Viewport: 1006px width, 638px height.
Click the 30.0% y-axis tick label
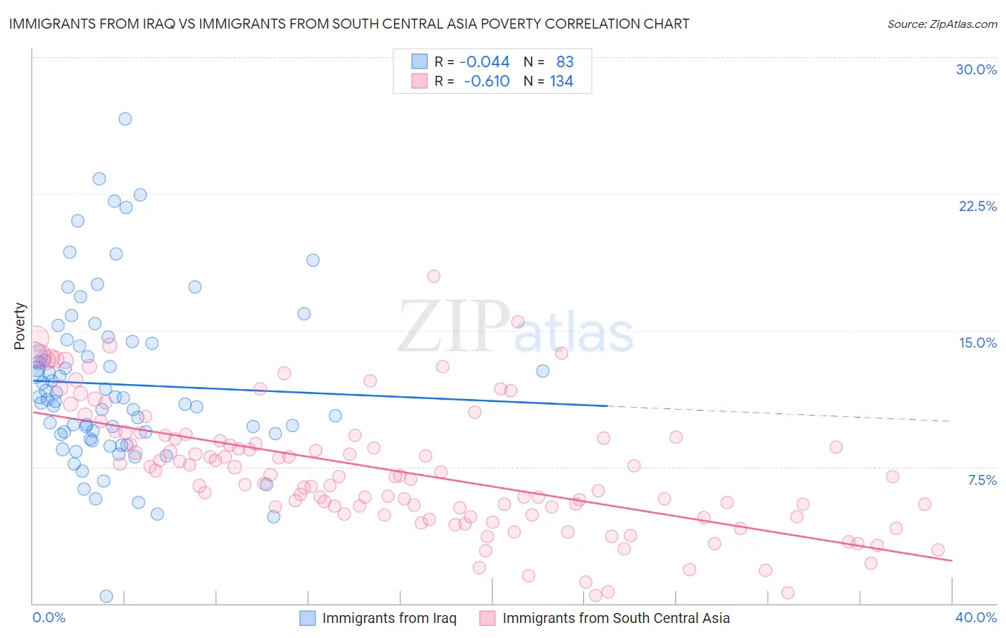(x=976, y=69)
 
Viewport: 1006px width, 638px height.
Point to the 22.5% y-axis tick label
(x=977, y=206)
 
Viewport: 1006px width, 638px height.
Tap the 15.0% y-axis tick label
(x=977, y=343)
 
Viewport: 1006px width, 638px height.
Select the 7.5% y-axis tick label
(x=982, y=480)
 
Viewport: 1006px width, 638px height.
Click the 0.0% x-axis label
(x=49, y=617)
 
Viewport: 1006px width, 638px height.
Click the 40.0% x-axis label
(x=975, y=617)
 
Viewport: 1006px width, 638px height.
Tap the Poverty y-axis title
(x=19, y=326)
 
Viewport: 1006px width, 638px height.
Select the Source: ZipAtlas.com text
(x=942, y=24)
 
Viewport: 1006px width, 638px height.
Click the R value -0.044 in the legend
(x=484, y=62)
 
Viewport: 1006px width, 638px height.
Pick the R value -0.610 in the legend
(x=487, y=81)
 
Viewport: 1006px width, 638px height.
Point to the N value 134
(x=561, y=81)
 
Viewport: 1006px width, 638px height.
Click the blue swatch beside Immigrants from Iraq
(x=307, y=618)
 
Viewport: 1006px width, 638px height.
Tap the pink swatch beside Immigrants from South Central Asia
(x=487, y=618)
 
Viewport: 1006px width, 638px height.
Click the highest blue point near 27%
(x=125, y=119)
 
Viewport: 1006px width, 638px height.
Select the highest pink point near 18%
(x=434, y=276)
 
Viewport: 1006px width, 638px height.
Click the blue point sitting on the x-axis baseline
(x=107, y=596)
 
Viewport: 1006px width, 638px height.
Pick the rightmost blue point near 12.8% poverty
(x=543, y=370)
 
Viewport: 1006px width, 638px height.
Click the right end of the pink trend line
(x=952, y=560)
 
